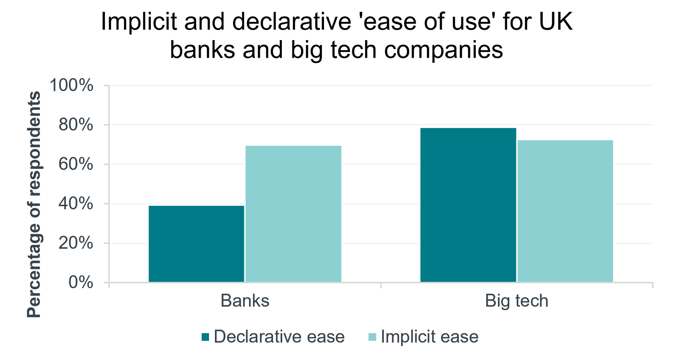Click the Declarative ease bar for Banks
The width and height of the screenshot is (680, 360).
(196, 244)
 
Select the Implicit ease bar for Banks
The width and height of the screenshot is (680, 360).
(293, 214)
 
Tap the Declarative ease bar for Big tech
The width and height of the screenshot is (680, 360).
(468, 205)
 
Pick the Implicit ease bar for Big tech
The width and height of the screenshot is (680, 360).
(565, 211)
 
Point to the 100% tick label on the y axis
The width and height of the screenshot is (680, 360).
(72, 85)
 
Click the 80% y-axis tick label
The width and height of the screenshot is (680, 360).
(76, 125)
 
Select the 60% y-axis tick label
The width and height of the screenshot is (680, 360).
(76, 164)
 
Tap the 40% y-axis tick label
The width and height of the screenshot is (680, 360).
(76, 204)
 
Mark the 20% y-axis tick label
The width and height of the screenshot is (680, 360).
(76, 243)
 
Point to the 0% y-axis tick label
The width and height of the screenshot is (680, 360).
(81, 283)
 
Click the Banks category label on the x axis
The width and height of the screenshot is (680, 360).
(245, 301)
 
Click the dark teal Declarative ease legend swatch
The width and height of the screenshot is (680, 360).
(205, 337)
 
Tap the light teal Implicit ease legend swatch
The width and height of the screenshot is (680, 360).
(372, 337)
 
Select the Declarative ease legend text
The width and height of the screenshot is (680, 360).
(279, 337)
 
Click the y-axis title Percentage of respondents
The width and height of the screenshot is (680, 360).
(34, 204)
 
